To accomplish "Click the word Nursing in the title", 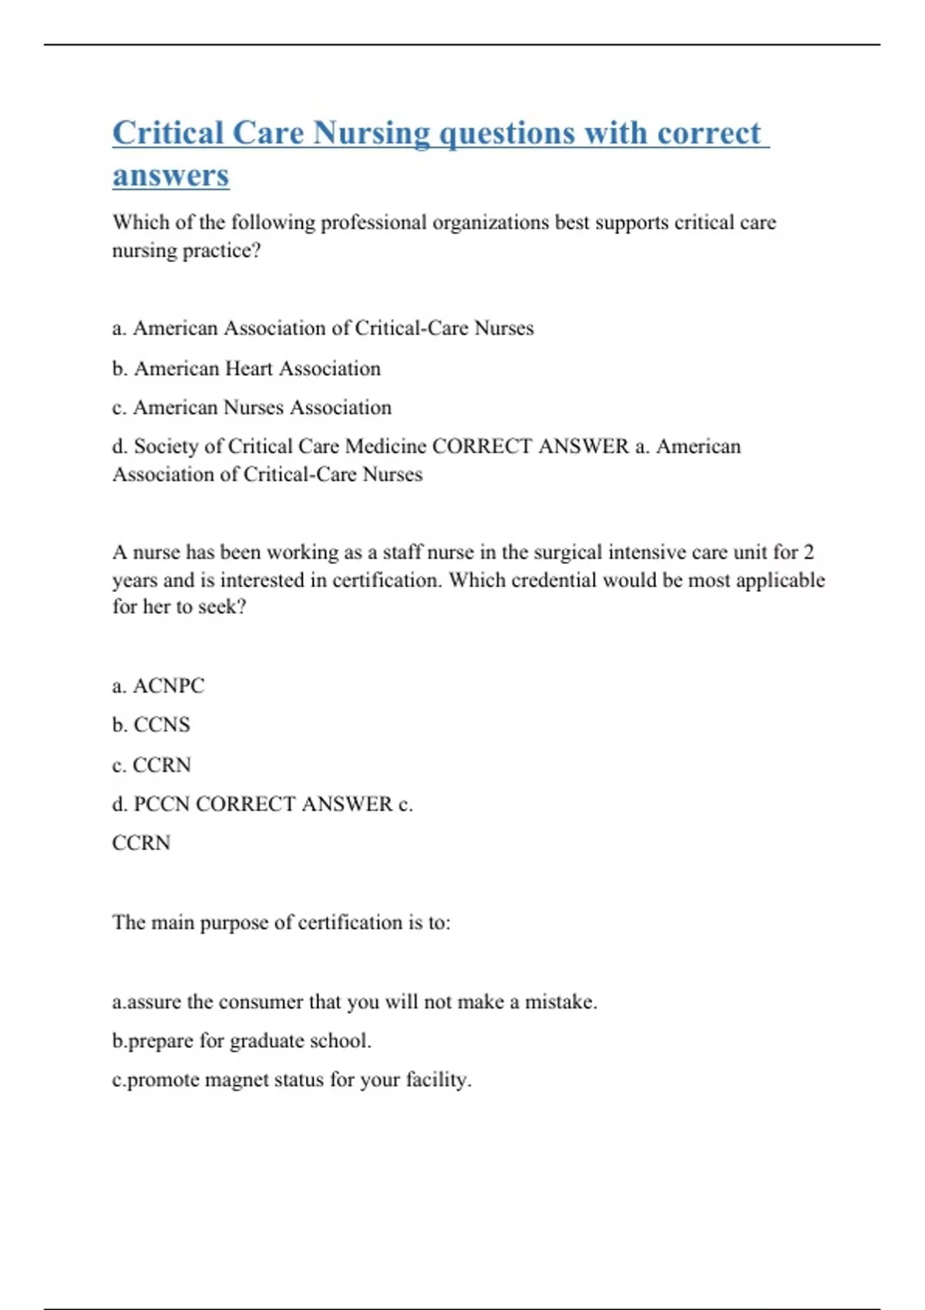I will (372, 134).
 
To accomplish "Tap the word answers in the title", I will (170, 176).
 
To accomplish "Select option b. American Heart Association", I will (246, 368).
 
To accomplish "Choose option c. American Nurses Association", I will (251, 407).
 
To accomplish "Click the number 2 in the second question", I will (808, 552).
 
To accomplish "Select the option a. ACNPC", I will (158, 685).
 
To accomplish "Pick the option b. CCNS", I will (151, 724).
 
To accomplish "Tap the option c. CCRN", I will (151, 764).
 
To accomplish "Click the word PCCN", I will (161, 804).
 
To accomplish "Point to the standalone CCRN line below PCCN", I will (141, 842).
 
